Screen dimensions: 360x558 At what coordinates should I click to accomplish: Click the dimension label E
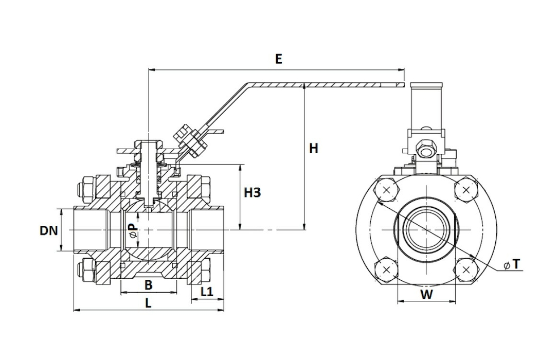[x=278, y=59]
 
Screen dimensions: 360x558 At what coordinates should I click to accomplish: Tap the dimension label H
[x=313, y=149]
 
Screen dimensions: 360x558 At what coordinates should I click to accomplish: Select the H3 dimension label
[x=253, y=193]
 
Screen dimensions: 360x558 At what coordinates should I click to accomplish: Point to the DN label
[x=49, y=230]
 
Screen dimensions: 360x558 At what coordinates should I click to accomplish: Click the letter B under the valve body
[x=148, y=284]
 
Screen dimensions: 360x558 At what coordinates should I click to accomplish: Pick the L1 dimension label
[x=207, y=292]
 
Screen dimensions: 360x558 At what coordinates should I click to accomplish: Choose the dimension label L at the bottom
[x=148, y=303]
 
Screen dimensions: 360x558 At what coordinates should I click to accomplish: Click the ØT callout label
[x=512, y=264]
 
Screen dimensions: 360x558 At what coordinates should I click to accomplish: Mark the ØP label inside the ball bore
[x=132, y=230]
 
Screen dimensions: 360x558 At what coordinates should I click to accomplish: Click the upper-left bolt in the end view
[x=386, y=190]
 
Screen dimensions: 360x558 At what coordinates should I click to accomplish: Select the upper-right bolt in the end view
[x=466, y=190]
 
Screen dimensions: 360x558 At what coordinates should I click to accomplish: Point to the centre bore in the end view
[x=426, y=229]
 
